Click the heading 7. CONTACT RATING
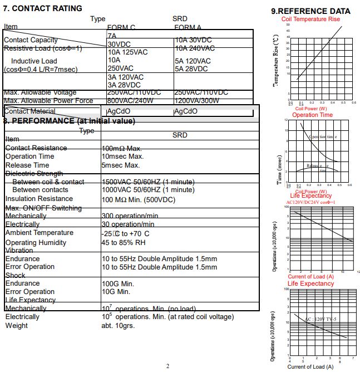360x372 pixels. coord(43,8)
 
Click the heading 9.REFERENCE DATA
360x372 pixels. coord(310,11)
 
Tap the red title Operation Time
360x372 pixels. coord(312,115)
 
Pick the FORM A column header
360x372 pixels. coord(188,27)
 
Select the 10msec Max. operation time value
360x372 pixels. coord(122,156)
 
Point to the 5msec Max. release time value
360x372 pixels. coord(121,165)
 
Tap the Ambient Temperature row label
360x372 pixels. coord(39,233)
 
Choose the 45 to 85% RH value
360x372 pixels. coord(124,243)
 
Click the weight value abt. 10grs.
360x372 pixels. coord(118,326)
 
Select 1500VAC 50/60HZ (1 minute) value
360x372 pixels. coord(149,182)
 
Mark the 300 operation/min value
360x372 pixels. coord(130,216)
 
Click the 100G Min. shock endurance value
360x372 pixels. coord(118,283)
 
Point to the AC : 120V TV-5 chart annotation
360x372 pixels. coord(322,319)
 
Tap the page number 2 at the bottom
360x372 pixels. coord(167,366)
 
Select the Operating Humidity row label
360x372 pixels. coord(36,243)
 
